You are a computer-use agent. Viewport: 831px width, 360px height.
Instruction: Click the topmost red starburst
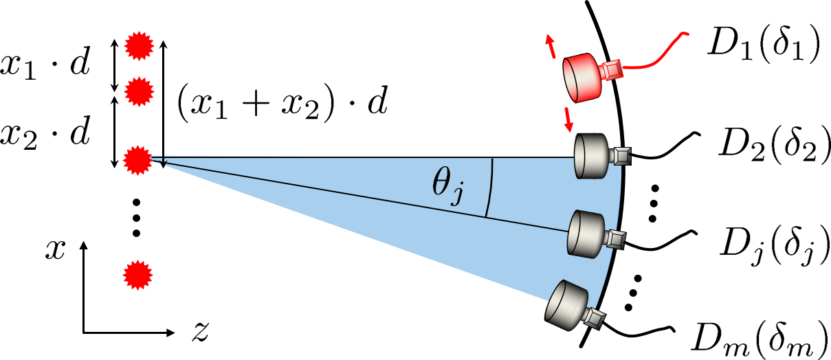point(139,46)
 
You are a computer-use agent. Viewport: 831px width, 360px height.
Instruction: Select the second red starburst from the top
point(139,91)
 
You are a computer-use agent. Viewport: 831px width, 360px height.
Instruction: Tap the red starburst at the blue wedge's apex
point(137,160)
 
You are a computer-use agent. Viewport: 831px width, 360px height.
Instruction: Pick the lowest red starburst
point(137,275)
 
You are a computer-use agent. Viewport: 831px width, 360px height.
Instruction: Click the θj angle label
point(447,184)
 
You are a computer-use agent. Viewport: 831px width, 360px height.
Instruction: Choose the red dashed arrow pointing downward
point(568,120)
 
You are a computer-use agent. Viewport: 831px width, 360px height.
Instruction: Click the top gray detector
point(592,156)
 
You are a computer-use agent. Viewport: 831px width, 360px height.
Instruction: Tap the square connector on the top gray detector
point(622,156)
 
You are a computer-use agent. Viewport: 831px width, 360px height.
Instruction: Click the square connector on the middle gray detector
point(616,239)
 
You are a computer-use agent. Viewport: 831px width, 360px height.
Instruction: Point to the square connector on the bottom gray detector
point(594,317)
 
